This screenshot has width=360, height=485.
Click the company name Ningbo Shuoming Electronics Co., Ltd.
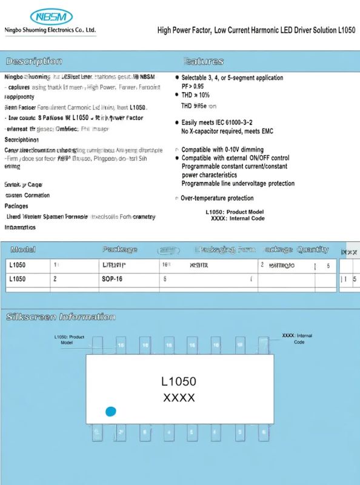point(50,30)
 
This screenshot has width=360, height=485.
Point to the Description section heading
point(33,61)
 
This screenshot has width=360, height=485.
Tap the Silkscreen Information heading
point(60,317)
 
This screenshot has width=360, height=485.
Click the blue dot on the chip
point(110,412)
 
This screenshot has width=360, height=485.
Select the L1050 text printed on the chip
point(179,381)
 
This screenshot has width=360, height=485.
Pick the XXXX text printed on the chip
point(179,398)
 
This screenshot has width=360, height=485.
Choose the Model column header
point(23,249)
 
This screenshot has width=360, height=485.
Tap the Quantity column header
point(313,249)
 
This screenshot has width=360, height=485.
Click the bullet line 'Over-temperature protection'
point(217,198)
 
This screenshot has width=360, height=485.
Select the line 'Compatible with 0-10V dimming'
point(222,149)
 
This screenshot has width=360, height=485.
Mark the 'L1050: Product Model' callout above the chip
point(68,339)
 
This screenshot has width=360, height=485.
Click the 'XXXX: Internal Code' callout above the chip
point(298,338)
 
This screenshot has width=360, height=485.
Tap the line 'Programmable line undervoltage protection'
point(238,183)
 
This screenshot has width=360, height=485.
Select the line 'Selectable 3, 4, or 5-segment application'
point(232,78)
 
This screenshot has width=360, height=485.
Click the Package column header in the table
point(119,249)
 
